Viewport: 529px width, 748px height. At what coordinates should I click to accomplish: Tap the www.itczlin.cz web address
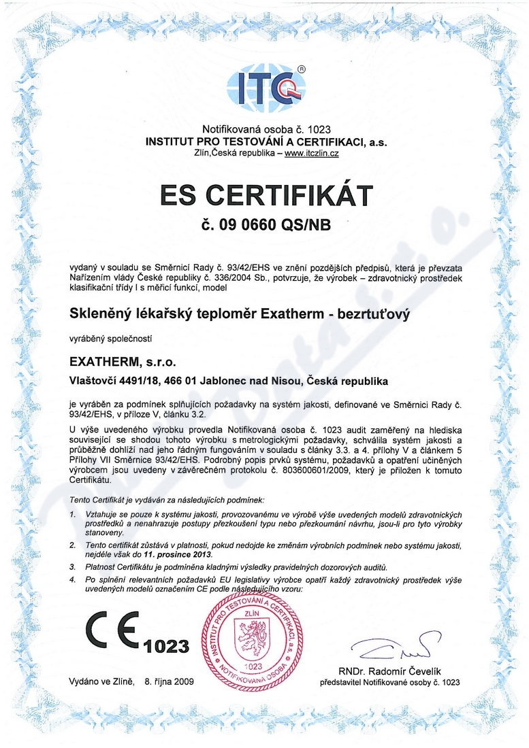(x=312, y=153)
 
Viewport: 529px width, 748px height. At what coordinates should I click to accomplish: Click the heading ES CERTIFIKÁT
(x=266, y=195)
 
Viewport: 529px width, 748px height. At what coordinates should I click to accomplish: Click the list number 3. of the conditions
(x=72, y=566)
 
